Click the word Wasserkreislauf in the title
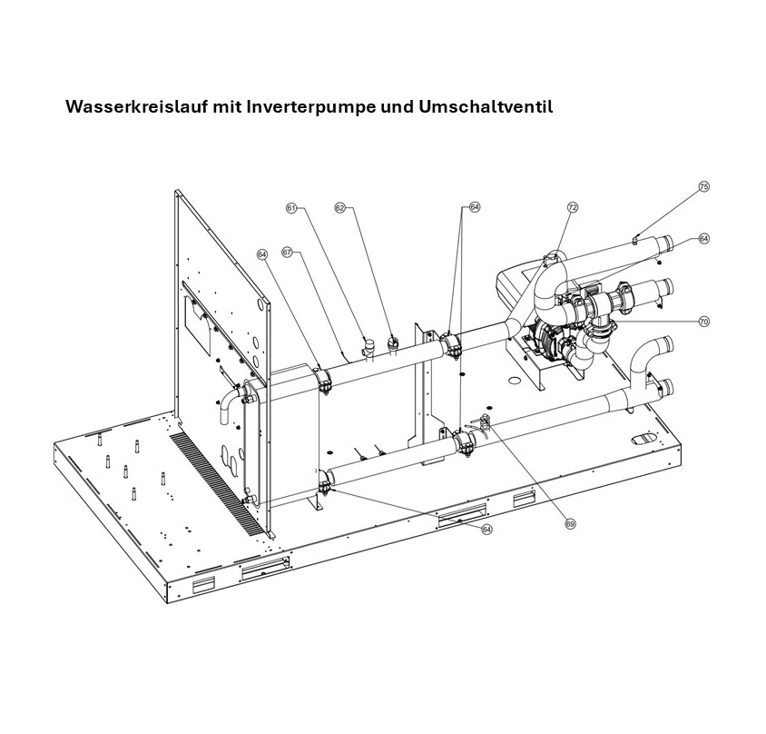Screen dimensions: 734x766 point(136,106)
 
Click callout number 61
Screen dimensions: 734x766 point(291,208)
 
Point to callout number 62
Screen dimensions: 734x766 point(340,208)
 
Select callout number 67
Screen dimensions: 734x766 point(287,253)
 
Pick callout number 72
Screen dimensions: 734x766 point(573,208)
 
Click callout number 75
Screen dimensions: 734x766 point(703,186)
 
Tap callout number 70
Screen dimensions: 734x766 point(703,322)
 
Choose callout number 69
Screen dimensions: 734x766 point(570,523)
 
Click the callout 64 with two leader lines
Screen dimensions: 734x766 point(475,207)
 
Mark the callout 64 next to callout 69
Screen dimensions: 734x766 point(486,529)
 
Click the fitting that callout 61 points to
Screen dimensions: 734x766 point(368,346)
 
